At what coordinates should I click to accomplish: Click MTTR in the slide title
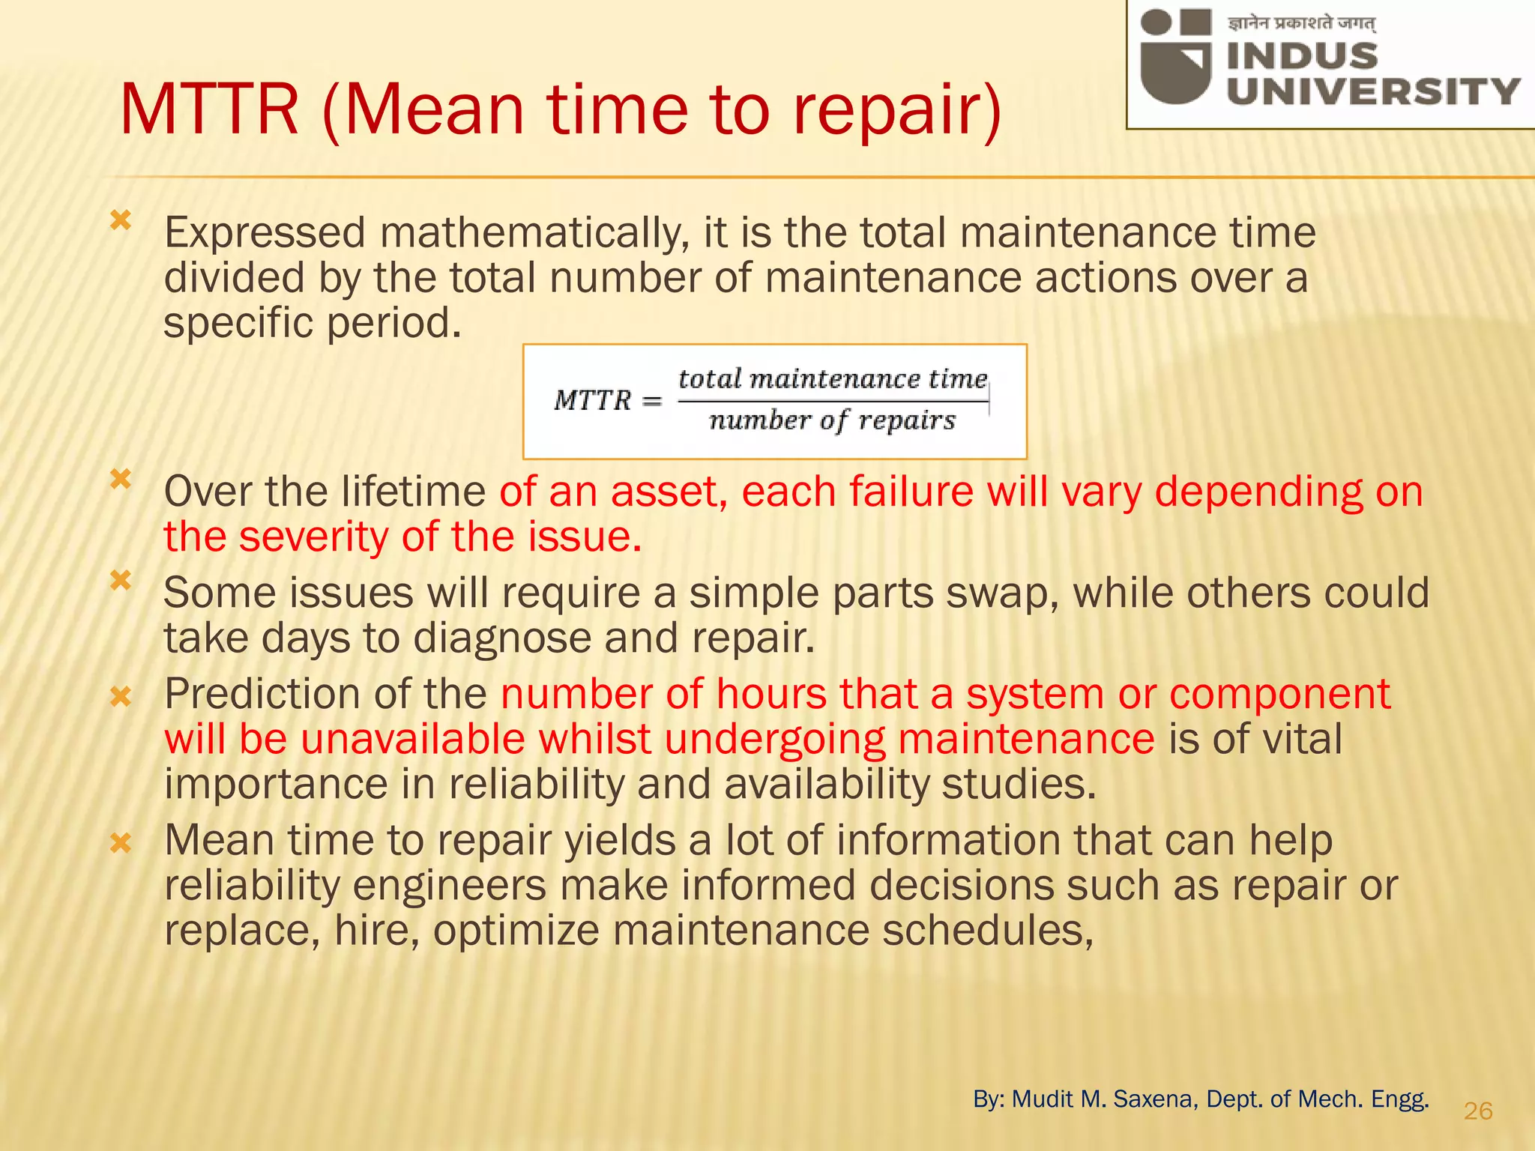[x=209, y=111]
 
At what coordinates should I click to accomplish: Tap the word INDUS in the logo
[x=1302, y=56]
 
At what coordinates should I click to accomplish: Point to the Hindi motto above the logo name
[x=1301, y=24]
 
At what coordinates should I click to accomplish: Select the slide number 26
[x=1478, y=1111]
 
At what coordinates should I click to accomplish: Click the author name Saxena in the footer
[x=1155, y=1099]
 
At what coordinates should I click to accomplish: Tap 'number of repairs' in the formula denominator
[x=832, y=420]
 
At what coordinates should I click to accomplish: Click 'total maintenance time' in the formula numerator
[x=832, y=379]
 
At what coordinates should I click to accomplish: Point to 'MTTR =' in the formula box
[x=607, y=400]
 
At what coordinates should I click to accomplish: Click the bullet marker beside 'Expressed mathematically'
[x=121, y=220]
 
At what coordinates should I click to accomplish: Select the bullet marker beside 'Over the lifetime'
[x=121, y=479]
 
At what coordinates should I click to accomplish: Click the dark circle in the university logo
[x=1156, y=22]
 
